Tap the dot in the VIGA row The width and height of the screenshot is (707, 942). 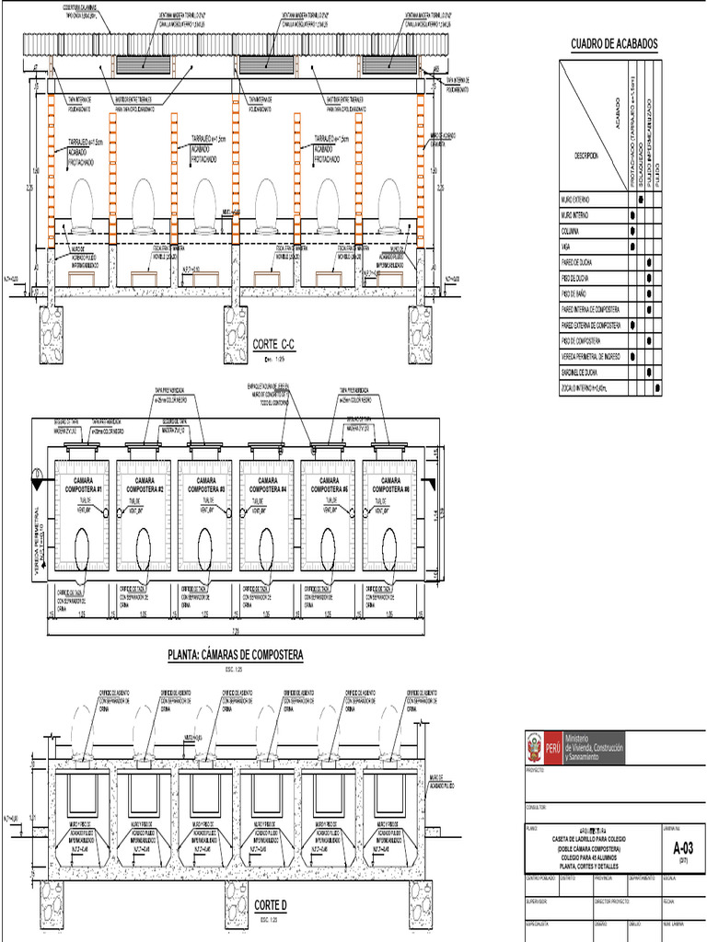coord(633,247)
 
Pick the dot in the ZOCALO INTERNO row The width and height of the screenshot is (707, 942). coord(657,389)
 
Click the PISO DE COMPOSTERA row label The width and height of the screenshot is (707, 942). coord(587,341)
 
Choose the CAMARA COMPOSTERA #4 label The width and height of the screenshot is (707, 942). coord(268,485)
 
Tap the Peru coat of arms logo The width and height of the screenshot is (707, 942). coord(533,742)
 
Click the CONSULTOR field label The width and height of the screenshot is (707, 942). coord(537,808)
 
